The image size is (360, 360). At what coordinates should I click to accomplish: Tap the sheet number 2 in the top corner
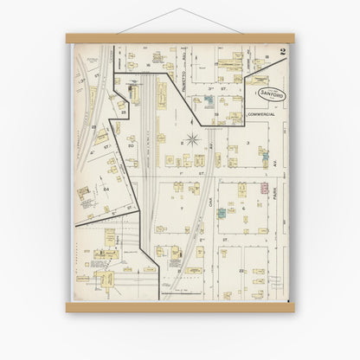point(282,53)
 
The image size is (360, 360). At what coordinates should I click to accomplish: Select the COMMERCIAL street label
point(259,113)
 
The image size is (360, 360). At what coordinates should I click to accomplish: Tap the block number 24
point(106,188)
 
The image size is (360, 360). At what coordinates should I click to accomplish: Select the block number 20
point(130,146)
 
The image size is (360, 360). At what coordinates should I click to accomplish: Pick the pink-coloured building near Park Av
point(265,186)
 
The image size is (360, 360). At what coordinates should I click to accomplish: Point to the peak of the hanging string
point(179,9)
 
